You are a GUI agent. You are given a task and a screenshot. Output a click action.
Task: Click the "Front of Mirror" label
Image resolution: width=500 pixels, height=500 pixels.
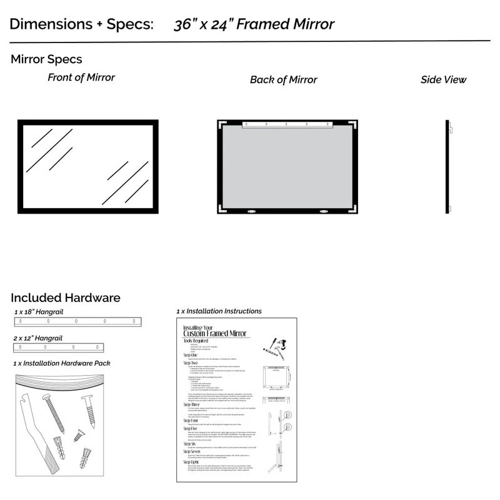click(81, 78)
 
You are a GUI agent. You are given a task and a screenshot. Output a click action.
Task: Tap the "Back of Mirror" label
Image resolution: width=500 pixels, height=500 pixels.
click(283, 80)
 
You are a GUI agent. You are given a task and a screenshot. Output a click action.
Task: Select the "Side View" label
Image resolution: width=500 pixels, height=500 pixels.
click(443, 80)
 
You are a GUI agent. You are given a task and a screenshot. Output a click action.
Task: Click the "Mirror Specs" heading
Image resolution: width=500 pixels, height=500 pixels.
click(46, 60)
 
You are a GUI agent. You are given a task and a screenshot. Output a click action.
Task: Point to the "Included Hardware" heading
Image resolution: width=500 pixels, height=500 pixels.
click(66, 298)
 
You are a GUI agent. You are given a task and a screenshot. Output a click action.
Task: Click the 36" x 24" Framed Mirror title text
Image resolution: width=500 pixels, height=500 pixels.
click(254, 25)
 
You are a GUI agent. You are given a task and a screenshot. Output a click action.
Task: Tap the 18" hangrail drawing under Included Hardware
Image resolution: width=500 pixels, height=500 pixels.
click(79, 321)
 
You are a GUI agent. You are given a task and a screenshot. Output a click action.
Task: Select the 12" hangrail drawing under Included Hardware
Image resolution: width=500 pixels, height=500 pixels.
click(58, 347)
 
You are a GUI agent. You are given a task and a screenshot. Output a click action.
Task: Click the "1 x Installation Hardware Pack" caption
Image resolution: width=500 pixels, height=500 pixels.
click(70, 363)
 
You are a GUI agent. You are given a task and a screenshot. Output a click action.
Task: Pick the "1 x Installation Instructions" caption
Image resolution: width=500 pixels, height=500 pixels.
click(219, 311)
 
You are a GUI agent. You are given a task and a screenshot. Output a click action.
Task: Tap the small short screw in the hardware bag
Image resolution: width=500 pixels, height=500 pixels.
click(78, 435)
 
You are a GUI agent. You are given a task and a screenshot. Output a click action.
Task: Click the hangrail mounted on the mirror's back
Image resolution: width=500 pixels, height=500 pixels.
click(287, 124)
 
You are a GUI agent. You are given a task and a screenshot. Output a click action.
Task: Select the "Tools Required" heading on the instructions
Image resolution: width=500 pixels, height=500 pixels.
click(195, 341)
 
